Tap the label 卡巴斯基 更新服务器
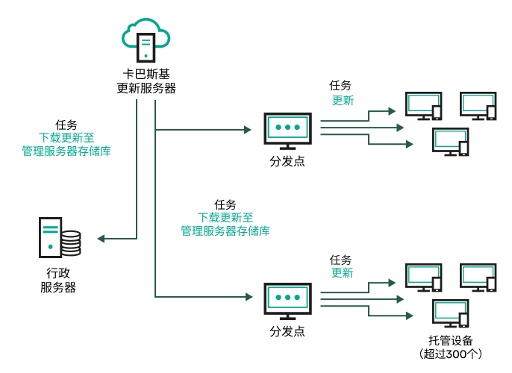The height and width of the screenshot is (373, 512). [x=146, y=81]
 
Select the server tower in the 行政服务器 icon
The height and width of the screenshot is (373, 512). [x=51, y=236]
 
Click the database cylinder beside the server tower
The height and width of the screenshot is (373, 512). [x=71, y=242]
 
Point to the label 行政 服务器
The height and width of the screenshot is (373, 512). [x=57, y=280]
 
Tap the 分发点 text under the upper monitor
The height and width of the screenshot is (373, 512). [x=287, y=161]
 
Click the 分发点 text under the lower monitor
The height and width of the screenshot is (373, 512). [x=287, y=331]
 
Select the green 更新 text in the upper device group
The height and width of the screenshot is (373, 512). [x=343, y=101]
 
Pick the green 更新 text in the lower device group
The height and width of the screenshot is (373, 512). [x=342, y=273]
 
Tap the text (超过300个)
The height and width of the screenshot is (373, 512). [x=451, y=354]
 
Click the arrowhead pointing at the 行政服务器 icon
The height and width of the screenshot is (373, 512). [x=102, y=239]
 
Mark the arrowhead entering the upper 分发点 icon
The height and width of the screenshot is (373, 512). [x=248, y=130]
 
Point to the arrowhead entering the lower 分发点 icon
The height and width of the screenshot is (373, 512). [x=248, y=297]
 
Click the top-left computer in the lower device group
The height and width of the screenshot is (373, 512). [x=422, y=277]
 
